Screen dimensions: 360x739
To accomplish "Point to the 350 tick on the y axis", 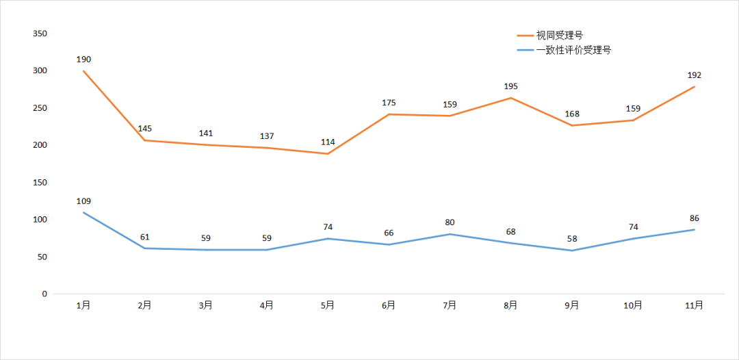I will click(x=40, y=34).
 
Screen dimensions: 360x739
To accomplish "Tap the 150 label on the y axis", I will click(x=40, y=182).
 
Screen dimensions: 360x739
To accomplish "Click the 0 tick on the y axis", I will click(x=44, y=294).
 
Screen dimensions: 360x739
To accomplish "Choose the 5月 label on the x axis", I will click(x=327, y=306).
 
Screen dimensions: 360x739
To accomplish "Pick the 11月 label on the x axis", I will click(x=694, y=306).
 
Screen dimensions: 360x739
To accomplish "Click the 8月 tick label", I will click(x=510, y=306).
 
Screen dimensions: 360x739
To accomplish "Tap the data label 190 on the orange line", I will click(x=83, y=60).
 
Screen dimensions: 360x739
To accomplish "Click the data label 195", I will click(x=510, y=86).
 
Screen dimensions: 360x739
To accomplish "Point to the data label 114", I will click(x=328, y=142).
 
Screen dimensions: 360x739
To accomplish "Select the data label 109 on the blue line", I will click(x=83, y=201).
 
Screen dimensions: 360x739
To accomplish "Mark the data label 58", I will click(x=572, y=240).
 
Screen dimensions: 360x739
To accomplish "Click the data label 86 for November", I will click(x=695, y=218).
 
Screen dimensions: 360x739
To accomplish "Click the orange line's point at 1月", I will click(x=83, y=70).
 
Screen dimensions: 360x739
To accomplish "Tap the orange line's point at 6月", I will click(x=389, y=114).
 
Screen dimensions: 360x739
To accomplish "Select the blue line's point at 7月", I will click(x=450, y=234).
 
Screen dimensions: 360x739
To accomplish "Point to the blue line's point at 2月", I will click(x=144, y=248).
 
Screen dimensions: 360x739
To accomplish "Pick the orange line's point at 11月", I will click(x=695, y=87).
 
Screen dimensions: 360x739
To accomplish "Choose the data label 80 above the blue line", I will click(x=450, y=222).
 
